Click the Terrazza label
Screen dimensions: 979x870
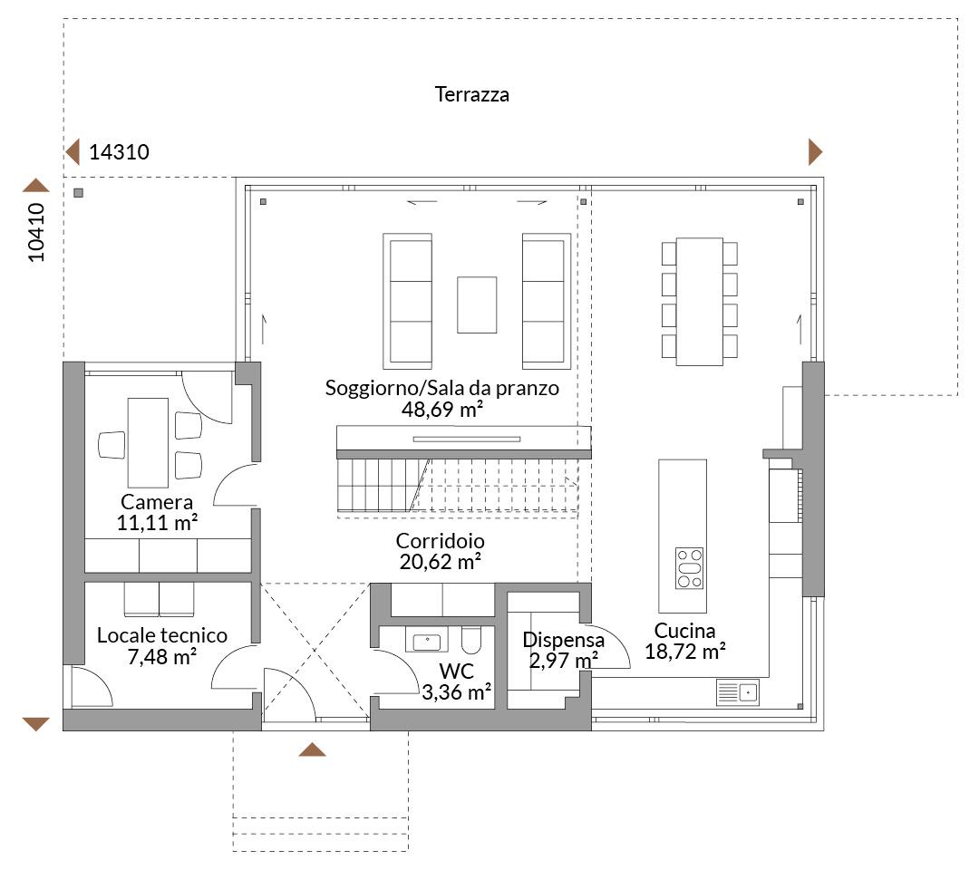[472, 94]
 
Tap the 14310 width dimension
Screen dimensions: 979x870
[120, 151]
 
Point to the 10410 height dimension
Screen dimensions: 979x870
[36, 232]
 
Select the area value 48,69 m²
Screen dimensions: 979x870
[442, 410]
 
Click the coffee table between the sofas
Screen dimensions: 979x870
[477, 304]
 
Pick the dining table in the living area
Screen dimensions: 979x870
[699, 301]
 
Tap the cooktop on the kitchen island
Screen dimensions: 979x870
[689, 568]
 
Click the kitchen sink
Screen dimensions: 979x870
[737, 692]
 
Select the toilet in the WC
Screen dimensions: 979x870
[471, 639]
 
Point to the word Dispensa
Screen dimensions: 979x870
[563, 640]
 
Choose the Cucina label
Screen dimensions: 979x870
[685, 631]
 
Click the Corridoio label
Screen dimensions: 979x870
[441, 540]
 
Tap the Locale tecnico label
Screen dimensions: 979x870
[162, 635]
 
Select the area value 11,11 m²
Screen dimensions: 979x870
[158, 522]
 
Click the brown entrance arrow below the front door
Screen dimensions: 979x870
[312, 749]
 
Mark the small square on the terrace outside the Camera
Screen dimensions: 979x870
[78, 193]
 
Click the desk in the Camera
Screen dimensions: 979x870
[148, 442]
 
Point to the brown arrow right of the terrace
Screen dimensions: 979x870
[816, 151]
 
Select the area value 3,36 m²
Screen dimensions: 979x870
[456, 692]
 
